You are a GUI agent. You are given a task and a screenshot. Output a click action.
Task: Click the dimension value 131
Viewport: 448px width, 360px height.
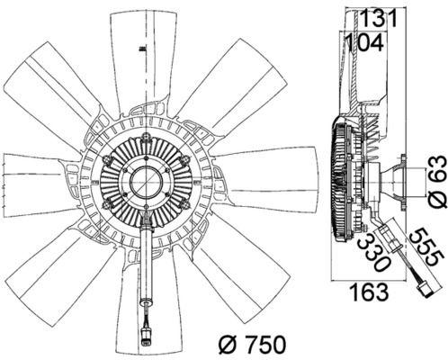(378, 18)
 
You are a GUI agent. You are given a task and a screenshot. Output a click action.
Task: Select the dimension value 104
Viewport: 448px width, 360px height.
(364, 43)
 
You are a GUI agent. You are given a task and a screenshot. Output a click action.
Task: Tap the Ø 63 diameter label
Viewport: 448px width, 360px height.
(437, 182)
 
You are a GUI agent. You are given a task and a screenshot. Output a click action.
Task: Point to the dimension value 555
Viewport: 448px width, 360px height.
(426, 247)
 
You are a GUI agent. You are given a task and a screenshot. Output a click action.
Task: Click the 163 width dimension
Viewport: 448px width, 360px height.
(370, 292)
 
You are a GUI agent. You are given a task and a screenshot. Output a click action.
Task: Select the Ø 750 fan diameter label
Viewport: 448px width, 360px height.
(252, 345)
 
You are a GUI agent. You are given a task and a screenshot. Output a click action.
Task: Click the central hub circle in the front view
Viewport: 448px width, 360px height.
(147, 182)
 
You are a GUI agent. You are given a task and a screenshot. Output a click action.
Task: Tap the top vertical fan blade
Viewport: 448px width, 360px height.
(143, 60)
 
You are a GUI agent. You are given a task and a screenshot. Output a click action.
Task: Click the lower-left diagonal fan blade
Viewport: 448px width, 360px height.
(60, 279)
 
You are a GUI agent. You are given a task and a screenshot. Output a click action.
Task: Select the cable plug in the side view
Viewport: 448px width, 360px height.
(426, 291)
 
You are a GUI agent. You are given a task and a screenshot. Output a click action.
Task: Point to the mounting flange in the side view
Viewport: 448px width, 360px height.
(403, 182)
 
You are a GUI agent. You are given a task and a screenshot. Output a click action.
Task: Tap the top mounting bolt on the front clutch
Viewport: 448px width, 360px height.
(147, 137)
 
